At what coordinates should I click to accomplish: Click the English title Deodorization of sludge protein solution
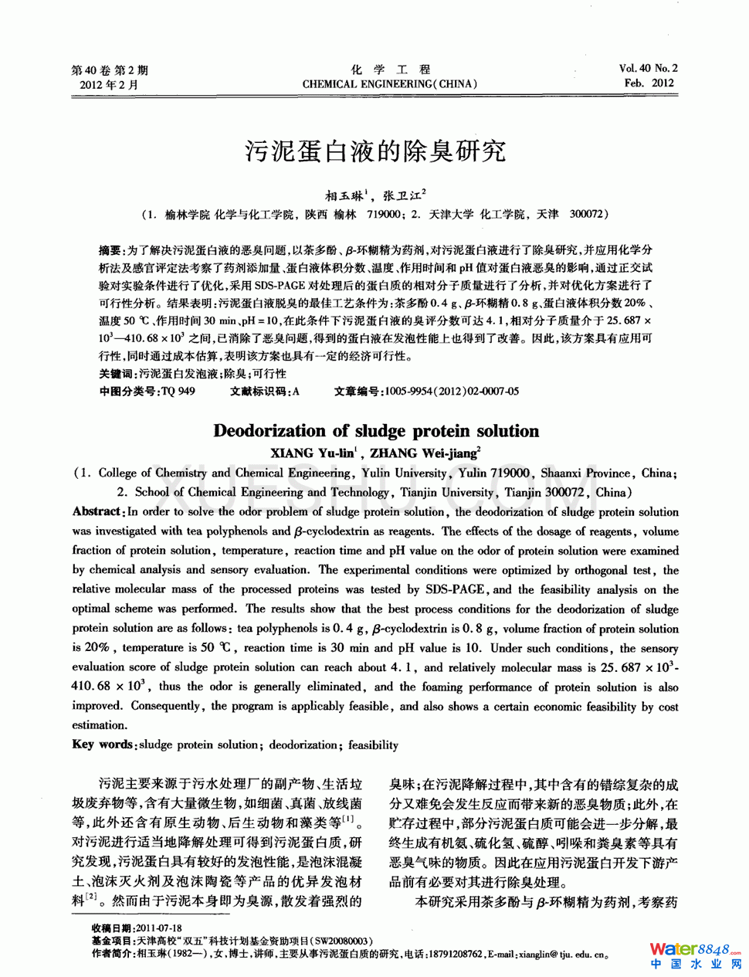376,431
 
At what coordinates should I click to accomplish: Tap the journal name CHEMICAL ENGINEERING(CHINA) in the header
390,84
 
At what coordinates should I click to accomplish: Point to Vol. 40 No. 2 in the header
648,69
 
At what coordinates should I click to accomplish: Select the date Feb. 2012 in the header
649,83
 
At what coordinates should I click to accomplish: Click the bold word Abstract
97,511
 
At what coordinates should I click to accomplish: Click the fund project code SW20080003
342,941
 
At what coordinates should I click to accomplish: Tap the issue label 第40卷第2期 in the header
109,70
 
